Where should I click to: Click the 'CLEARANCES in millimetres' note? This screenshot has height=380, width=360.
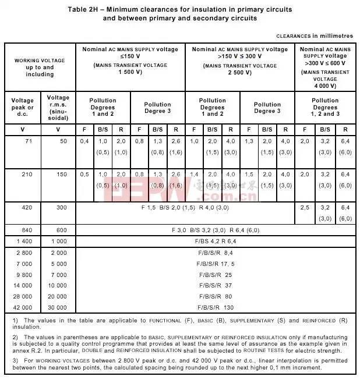coord(314,36)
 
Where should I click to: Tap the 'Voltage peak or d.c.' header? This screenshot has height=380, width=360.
coord(23,108)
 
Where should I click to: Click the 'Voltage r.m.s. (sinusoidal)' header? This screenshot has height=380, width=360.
coord(58,108)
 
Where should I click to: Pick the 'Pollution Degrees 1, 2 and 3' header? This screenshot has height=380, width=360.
coord(325,107)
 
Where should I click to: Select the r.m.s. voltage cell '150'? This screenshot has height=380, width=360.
coord(62,174)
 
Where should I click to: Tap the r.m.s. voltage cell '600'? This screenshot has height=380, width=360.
coord(62,230)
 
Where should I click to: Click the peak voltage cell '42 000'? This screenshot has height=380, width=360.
coord(23,307)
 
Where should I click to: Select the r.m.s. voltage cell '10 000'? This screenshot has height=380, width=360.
coord(59,285)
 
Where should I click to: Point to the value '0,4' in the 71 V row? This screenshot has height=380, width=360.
coord(84,141)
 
